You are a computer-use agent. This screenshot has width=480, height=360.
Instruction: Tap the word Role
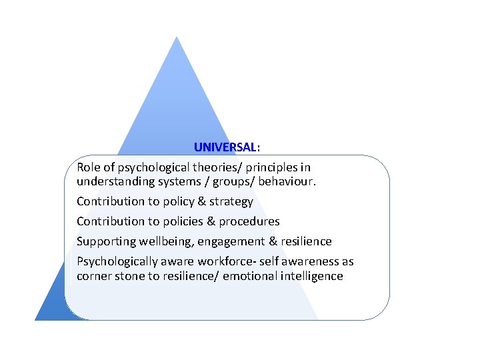click(89, 167)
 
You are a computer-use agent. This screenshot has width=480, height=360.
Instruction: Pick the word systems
click(175, 181)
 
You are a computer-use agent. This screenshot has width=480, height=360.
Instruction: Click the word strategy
click(231, 201)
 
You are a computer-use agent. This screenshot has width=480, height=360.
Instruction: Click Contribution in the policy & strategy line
click(110, 201)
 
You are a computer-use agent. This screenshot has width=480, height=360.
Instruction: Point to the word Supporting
click(105, 241)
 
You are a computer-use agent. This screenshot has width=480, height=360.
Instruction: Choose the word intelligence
click(310, 275)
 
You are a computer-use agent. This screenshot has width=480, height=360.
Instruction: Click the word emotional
click(247, 275)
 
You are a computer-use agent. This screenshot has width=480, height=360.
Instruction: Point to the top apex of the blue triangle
click(176, 37)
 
